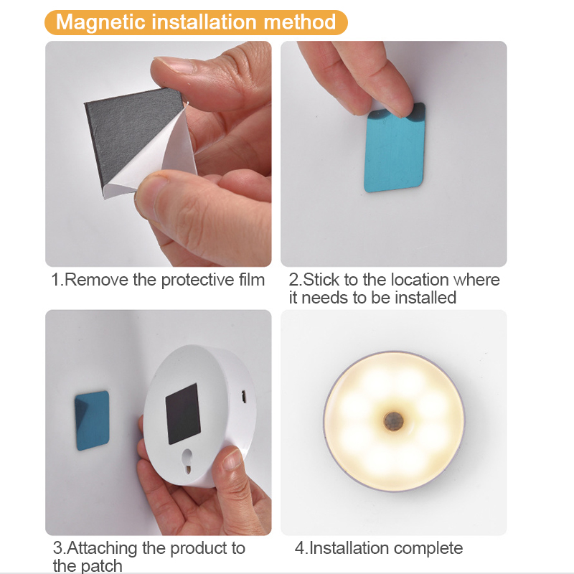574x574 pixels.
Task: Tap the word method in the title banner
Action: [299, 22]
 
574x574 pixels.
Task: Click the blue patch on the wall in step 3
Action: [93, 420]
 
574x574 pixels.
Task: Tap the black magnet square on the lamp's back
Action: [183, 412]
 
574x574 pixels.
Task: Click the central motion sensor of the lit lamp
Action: [392, 420]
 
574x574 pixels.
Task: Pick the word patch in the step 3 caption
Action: [102, 566]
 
